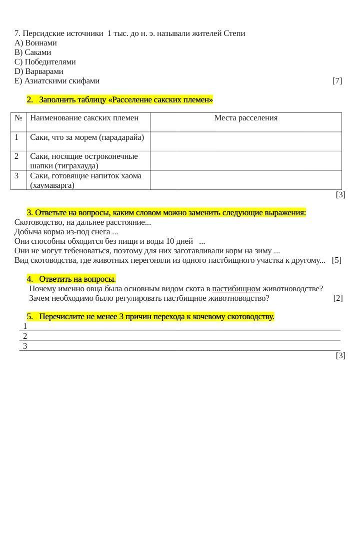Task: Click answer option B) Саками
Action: tap(33, 52)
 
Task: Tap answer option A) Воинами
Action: tap(35, 43)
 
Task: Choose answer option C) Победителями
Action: tap(45, 62)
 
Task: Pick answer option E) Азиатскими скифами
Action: tap(57, 81)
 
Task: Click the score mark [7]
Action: tap(337, 81)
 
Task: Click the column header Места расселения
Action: tap(245, 118)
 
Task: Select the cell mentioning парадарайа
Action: tap(87, 137)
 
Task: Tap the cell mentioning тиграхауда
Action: tap(84, 161)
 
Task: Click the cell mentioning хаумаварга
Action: tap(85, 180)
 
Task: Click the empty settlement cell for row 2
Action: tap(245, 161)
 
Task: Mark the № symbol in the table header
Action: tap(18, 118)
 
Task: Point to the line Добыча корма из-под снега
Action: tap(66, 232)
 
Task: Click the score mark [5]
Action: tap(336, 260)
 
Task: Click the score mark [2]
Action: tap(338, 298)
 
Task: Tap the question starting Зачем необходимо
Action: tap(149, 298)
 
